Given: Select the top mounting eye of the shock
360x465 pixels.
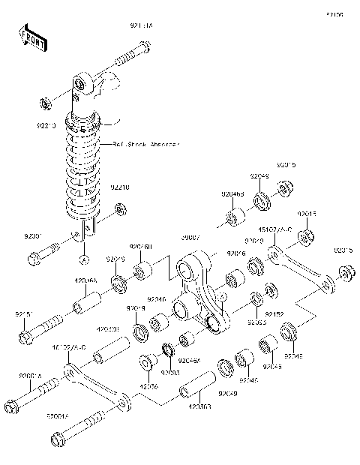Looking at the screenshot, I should click(82, 84).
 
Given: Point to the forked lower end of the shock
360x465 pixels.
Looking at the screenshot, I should click(85, 229).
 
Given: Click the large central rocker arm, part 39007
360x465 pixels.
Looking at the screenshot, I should click(201, 292).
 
